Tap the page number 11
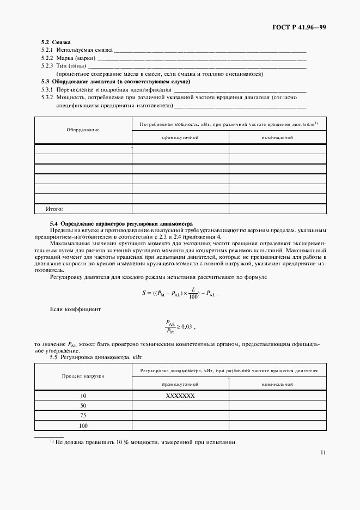[x=323, y=452]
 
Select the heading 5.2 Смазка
[x=56, y=42]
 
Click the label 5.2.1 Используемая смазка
[x=76, y=50]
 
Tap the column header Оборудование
[x=83, y=130]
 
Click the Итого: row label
[x=54, y=209]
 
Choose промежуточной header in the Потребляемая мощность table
[x=180, y=137]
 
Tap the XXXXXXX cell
[x=180, y=396]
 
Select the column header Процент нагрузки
[x=83, y=376]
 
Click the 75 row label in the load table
[x=83, y=415]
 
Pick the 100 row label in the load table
[x=83, y=426]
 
